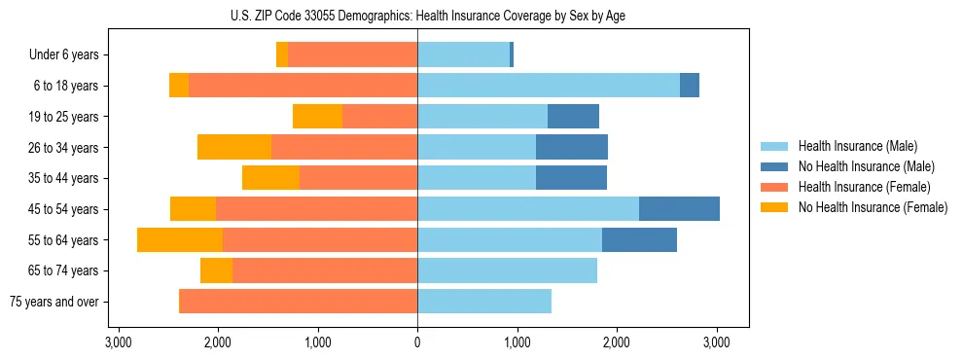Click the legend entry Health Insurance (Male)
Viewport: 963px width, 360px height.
852,146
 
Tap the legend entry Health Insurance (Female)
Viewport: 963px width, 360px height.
857,187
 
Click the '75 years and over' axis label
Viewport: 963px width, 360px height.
54,302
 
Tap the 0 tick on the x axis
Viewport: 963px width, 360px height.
417,342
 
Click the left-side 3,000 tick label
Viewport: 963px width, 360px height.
118,342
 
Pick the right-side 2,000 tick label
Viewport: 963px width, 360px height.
617,342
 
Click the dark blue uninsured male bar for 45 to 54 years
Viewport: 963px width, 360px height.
679,209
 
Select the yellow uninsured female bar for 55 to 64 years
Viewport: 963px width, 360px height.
180,240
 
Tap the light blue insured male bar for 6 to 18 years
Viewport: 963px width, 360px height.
549,86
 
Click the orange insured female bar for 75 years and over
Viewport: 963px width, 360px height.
299,302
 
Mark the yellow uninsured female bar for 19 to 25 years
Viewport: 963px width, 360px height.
317,117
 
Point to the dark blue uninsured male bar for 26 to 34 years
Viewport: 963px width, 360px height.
572,148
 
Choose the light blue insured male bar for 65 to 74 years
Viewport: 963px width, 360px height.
507,270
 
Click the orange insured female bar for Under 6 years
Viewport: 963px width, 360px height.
352,55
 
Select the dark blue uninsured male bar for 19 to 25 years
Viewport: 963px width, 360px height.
573,117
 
